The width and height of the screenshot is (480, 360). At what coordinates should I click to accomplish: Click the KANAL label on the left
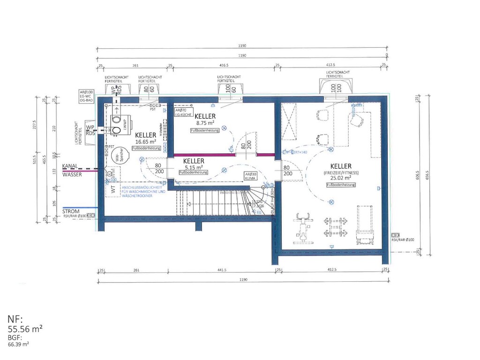pos(69,166)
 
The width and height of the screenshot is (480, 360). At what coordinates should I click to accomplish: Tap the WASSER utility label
pos(72,174)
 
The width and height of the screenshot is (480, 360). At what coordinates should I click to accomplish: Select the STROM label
pos(71,211)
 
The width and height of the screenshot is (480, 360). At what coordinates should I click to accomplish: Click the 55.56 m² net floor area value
pos(25,330)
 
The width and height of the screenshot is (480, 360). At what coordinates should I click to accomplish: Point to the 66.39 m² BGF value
pos(18,344)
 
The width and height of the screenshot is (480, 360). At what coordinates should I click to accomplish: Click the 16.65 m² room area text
pos(145,141)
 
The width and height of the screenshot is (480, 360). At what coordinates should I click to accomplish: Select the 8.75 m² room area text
pos(205,123)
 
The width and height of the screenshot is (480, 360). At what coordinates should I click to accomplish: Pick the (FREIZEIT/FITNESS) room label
pos(340,172)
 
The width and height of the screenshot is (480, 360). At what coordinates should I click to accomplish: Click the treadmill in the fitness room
pos(364,225)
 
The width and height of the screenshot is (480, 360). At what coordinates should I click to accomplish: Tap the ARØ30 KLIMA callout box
pos(250,176)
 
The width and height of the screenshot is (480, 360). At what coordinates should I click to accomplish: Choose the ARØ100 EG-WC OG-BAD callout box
pos(86,96)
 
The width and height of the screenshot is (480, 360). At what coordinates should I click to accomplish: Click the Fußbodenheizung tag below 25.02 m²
pos(341,185)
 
